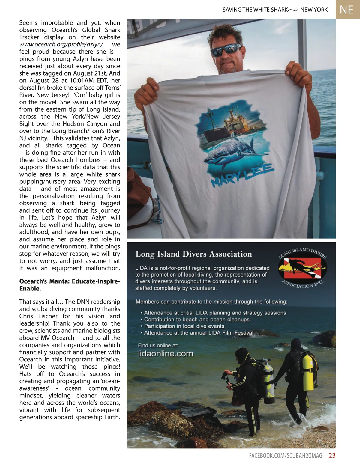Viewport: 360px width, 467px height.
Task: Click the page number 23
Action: point(332,456)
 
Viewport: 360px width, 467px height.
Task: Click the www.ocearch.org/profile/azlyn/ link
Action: point(61,44)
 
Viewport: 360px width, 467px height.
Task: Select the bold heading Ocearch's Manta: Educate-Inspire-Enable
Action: point(70,285)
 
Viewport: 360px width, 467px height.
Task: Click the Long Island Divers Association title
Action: point(193,254)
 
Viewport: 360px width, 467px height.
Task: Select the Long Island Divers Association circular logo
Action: point(302,268)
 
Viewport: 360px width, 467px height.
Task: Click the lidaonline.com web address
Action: point(166,354)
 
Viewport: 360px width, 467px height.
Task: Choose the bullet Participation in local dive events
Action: point(184,326)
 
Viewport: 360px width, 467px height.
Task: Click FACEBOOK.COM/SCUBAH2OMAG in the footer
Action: point(286,456)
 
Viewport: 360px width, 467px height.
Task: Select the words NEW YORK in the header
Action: point(314,10)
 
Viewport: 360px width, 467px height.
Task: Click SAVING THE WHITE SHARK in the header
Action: point(255,10)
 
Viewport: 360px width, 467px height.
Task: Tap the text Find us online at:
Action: point(158,345)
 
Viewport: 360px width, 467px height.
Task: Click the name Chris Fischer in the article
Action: point(38,316)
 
